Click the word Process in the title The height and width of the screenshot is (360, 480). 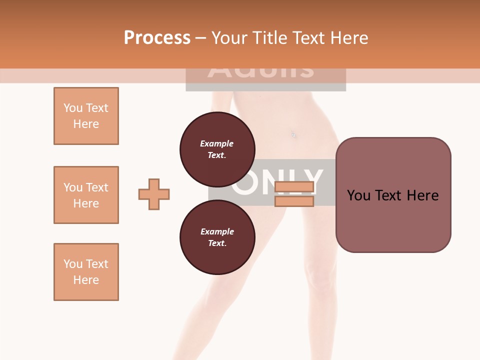157,38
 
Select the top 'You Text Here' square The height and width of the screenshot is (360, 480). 86,116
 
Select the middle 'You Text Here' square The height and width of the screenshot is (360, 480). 86,195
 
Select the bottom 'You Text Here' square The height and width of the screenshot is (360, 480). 86,272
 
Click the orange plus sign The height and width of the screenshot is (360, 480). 154,194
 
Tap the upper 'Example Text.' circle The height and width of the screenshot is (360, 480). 217,149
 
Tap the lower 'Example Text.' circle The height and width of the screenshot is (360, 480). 217,237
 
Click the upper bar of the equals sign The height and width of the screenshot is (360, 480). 294,187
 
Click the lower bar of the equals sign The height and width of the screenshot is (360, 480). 294,201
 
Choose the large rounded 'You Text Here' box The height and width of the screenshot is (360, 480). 393,195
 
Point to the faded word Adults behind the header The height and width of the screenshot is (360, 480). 260,72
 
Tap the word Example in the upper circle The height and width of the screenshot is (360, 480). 216,143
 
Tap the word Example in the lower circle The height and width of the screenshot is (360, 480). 217,231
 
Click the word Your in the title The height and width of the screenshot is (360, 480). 228,38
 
